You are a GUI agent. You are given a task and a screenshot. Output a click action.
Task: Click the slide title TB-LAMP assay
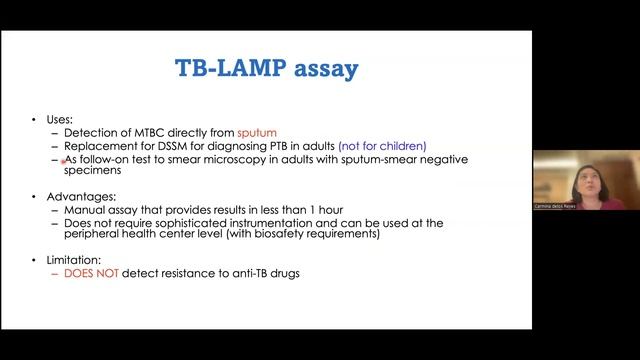(267, 68)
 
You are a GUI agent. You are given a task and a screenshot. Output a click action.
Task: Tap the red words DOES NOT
(92, 272)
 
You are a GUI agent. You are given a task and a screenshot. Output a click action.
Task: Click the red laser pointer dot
(64, 160)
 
